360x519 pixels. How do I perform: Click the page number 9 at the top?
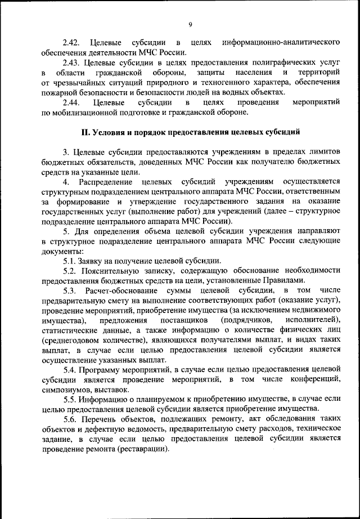pyautogui.click(x=190, y=24)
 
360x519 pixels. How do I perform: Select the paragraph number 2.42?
pyautogui.click(x=72, y=43)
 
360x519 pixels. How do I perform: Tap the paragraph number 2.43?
pyautogui.click(x=72, y=63)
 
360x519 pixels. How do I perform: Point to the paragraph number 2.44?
pyautogui.click(x=72, y=103)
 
